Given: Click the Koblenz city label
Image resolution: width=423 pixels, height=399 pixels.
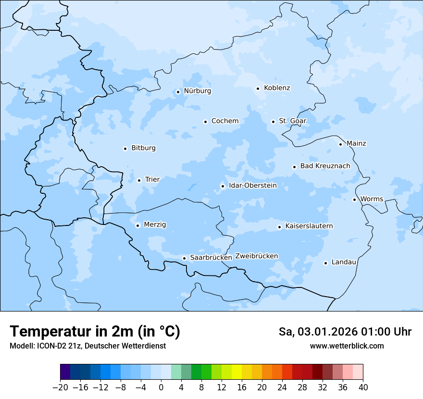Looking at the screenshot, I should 277,88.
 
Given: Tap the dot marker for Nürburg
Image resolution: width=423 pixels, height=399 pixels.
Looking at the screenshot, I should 178,92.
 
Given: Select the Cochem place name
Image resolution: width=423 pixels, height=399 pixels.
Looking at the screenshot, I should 224,121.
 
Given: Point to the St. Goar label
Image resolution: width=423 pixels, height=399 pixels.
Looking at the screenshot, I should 292,121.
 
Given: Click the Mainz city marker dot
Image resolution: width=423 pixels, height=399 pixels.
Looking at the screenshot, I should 340,144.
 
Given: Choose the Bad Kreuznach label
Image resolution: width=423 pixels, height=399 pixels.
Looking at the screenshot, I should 325,166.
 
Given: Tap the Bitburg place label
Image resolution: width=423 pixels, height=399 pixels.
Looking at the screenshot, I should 143,148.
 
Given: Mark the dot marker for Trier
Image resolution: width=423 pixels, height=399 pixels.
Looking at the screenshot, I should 139,180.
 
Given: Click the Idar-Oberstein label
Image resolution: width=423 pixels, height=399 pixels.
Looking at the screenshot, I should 253,186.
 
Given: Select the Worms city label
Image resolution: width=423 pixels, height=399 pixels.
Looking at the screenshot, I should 372,199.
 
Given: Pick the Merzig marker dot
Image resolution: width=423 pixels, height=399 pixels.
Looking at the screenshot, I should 137,225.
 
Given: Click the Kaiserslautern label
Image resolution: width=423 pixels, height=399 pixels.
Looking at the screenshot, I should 309,226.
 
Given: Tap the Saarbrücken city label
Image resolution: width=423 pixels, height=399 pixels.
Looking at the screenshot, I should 211,258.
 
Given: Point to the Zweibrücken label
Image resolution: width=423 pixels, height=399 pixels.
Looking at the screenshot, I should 256,256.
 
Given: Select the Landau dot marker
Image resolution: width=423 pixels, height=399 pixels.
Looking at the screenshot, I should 325,263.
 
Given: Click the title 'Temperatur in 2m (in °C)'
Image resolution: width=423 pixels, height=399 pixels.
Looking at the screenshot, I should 95,332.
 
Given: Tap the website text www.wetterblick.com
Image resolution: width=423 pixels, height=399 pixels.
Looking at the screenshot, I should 347,346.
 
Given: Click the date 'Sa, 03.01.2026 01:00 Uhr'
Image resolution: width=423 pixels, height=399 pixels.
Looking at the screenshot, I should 345,332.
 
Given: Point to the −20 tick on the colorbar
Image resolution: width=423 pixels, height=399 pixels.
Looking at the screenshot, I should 60,387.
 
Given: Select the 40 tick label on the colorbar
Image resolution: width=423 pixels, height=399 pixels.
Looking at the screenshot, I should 363,387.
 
